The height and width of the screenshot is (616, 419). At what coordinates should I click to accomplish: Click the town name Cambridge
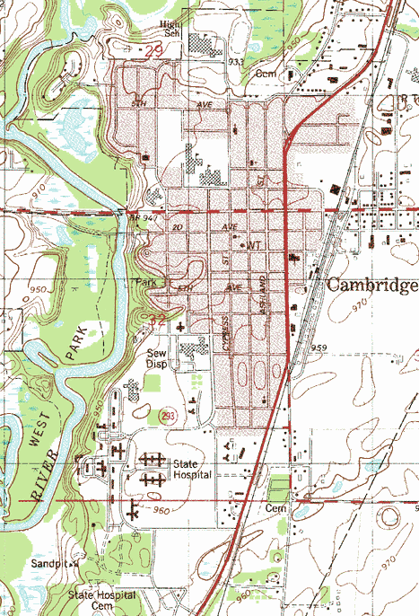click(x=371, y=285)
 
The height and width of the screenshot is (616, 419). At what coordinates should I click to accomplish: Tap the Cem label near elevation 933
click(x=266, y=75)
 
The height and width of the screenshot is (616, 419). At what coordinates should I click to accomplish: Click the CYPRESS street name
click(x=227, y=334)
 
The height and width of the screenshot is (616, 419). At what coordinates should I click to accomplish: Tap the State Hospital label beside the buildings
click(x=191, y=469)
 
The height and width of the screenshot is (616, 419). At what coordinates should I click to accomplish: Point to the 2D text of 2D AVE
click(x=178, y=227)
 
